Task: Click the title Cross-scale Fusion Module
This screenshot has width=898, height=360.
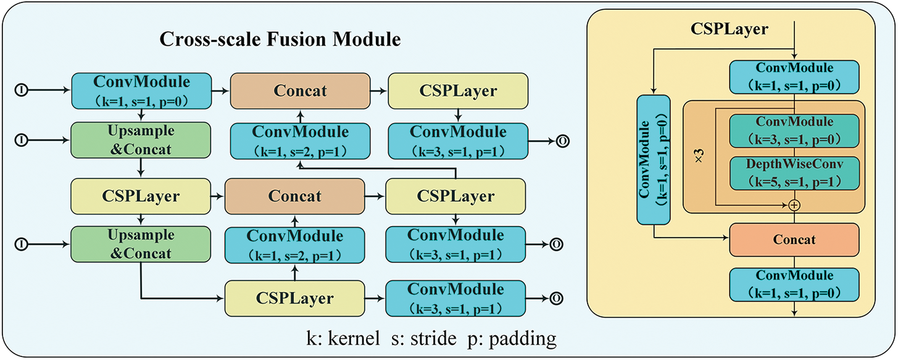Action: [281, 40]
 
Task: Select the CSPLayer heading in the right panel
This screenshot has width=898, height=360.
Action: [729, 28]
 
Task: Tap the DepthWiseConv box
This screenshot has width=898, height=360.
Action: [794, 174]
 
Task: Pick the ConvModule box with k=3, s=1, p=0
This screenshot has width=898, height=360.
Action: [794, 130]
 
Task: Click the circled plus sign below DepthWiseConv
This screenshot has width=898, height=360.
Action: [794, 205]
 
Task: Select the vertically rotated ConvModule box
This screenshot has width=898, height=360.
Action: [653, 160]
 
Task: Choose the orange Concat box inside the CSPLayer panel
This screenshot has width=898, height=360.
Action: [794, 239]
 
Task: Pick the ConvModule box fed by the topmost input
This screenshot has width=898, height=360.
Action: [141, 91]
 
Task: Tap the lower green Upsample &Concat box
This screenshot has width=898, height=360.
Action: [141, 245]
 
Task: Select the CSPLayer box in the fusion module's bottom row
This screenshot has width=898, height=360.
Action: [294, 298]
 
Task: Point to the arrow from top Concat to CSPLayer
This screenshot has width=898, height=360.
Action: [377, 91]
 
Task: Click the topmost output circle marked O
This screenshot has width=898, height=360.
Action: [562, 141]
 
